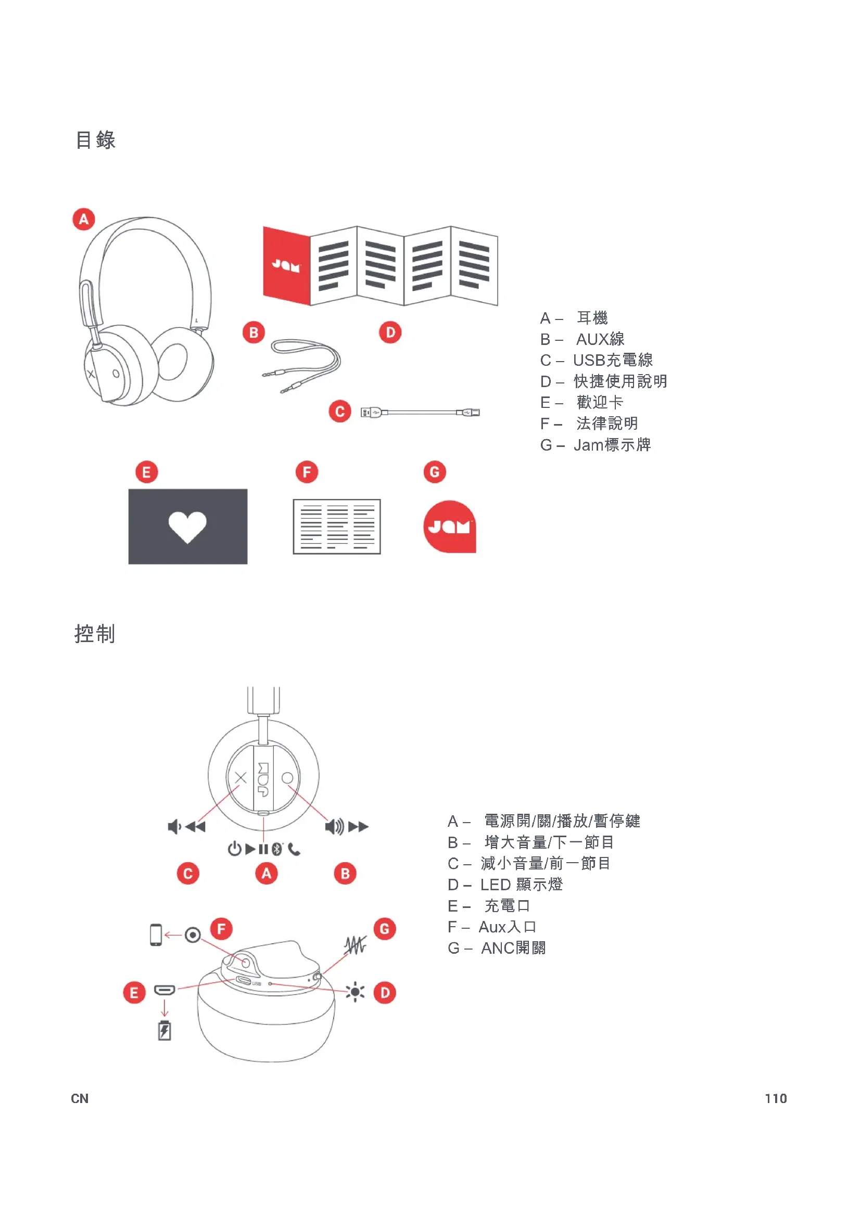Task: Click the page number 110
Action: tap(775, 1098)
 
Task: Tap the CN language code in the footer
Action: tap(80, 1098)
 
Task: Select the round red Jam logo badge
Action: tap(450, 527)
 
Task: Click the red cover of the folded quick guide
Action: tap(286, 265)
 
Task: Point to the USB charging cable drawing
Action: tap(420, 413)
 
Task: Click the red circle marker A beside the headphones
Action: tap(84, 219)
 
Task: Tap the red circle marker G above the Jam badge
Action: tap(434, 472)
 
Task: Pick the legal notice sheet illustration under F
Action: tap(337, 527)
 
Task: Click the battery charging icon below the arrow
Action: tap(164, 1030)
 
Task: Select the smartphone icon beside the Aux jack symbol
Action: tap(155, 934)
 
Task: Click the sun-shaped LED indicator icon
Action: tap(354, 991)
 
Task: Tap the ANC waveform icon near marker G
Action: tap(354, 945)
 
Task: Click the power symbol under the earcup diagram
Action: tap(234, 849)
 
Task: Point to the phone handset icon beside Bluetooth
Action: tap(294, 849)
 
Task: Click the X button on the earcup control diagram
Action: tap(240, 777)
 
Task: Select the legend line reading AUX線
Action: tap(582, 339)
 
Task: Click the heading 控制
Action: tap(95, 634)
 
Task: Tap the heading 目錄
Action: tap(95, 140)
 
